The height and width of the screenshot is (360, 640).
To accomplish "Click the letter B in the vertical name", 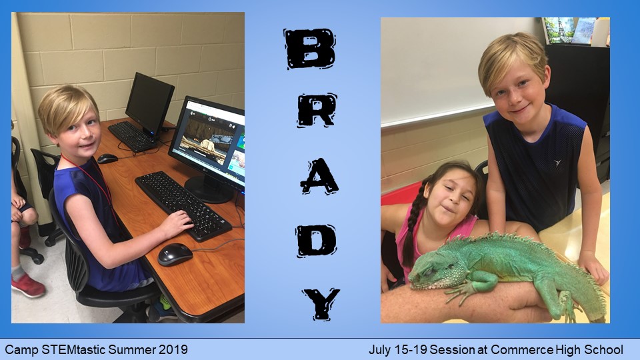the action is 310,48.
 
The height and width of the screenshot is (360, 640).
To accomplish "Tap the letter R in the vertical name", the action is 317,110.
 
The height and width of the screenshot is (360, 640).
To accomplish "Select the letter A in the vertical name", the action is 319,176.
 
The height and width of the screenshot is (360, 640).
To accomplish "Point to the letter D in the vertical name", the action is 316,241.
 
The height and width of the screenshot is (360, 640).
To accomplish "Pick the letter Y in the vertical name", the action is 321,304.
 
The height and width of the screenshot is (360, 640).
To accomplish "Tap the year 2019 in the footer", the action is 173,350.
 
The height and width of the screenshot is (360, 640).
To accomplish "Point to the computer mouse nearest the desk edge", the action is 175,254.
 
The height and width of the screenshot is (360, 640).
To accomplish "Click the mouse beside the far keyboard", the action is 107,159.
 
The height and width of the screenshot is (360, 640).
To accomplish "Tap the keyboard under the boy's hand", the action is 183,205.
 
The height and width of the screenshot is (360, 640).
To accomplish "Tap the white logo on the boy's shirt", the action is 557,163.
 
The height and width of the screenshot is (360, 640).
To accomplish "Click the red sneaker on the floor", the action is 28,286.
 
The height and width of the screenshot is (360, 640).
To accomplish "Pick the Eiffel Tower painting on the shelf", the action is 559,30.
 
